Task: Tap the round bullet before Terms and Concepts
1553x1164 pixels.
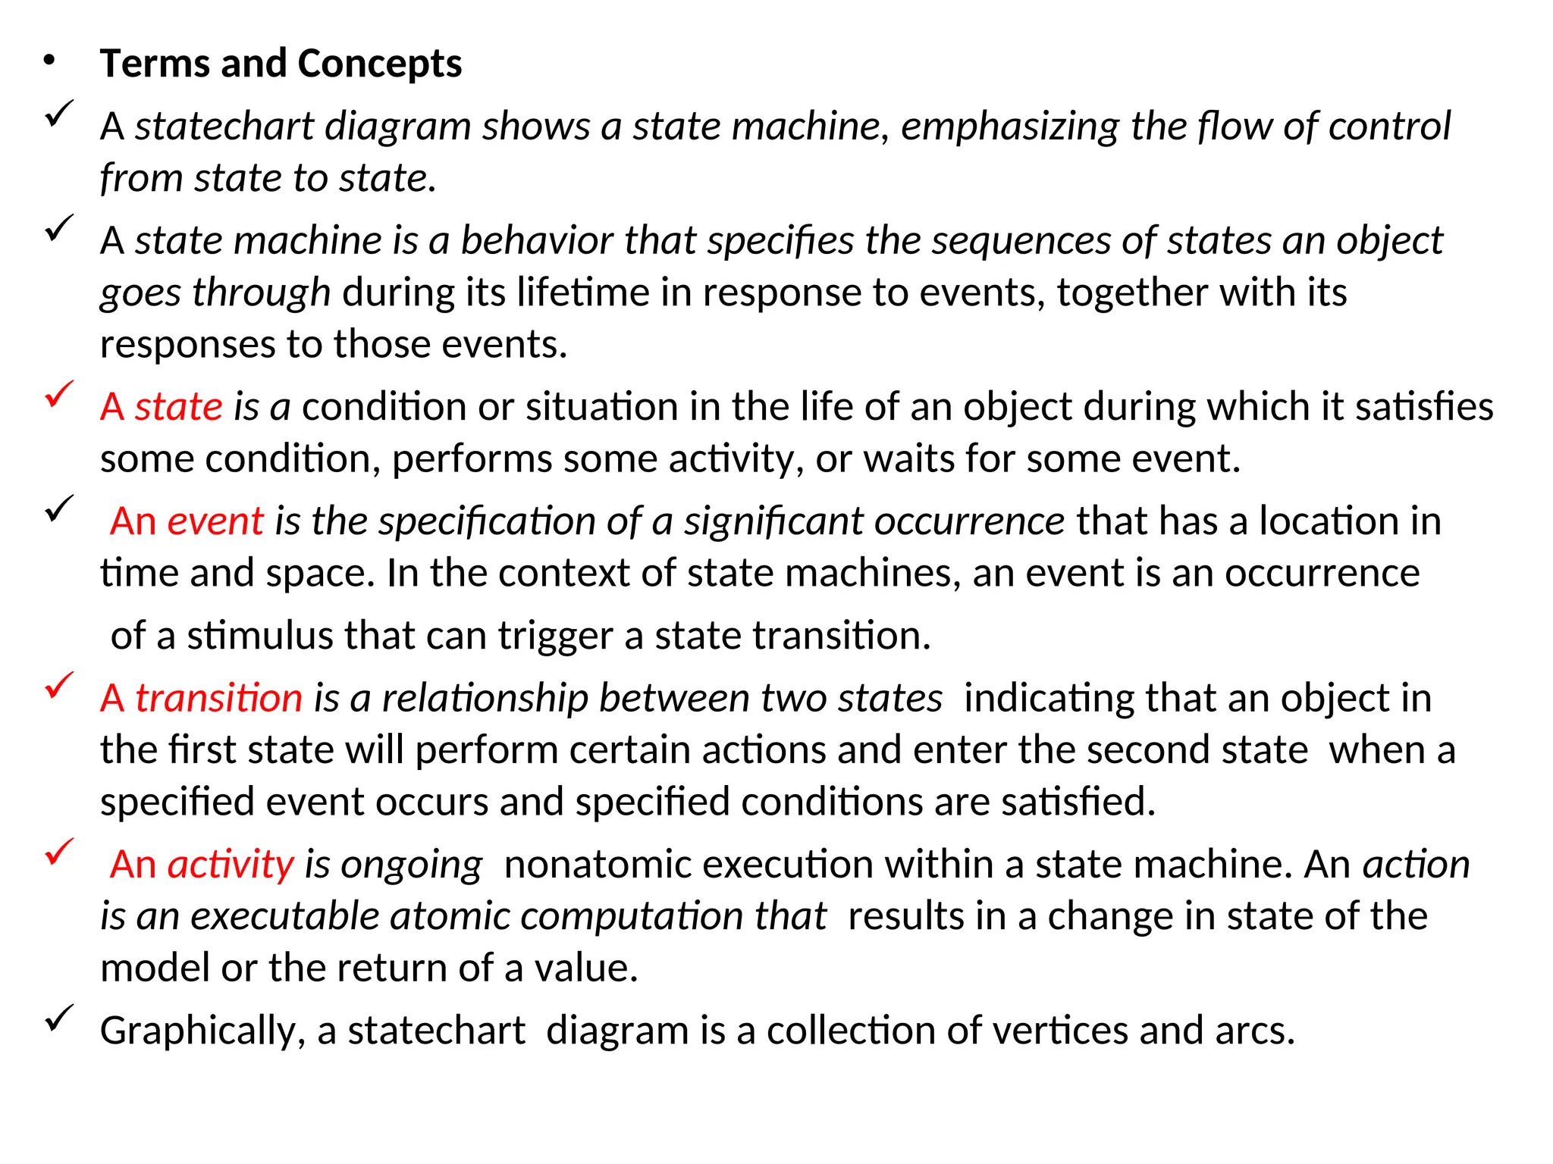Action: (50, 61)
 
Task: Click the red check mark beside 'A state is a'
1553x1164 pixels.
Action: (59, 394)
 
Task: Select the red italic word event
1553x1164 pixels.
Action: (215, 521)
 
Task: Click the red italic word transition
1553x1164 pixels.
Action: (218, 698)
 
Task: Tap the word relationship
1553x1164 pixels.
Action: (485, 698)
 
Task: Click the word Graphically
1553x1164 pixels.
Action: (197, 1031)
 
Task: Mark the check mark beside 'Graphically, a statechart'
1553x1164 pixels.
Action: (59, 1017)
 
